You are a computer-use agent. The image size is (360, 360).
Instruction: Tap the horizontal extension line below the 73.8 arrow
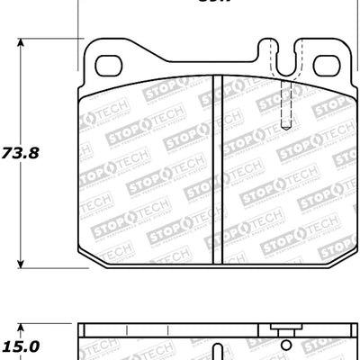[45, 269]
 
